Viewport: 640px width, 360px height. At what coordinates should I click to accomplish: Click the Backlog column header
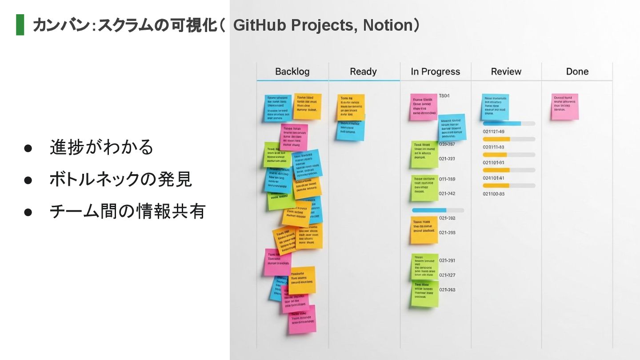292,72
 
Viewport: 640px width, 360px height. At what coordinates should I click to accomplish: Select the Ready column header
363,72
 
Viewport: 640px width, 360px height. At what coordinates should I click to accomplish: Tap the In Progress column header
435,72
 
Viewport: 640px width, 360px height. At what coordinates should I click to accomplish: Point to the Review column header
506,72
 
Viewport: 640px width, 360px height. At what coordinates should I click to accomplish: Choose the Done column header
577,72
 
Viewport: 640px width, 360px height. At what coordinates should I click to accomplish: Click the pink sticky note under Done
565,106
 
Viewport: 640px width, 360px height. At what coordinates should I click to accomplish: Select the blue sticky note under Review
495,107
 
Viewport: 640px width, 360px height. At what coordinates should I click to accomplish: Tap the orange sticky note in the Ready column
351,107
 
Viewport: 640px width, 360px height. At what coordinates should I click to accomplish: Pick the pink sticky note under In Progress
423,107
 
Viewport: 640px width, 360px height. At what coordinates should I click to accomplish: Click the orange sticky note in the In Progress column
424,230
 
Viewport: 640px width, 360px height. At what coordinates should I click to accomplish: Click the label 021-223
447,159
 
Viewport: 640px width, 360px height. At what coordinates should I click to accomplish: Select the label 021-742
447,193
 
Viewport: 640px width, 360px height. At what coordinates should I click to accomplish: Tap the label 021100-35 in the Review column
493,194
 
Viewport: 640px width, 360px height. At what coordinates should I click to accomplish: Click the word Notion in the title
388,25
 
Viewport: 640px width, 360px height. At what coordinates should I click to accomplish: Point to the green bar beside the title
20,25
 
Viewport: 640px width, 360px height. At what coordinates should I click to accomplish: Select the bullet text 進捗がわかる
101,147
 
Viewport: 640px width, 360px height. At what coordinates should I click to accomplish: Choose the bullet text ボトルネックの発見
120,179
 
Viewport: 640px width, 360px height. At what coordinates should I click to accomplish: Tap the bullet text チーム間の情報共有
127,211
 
